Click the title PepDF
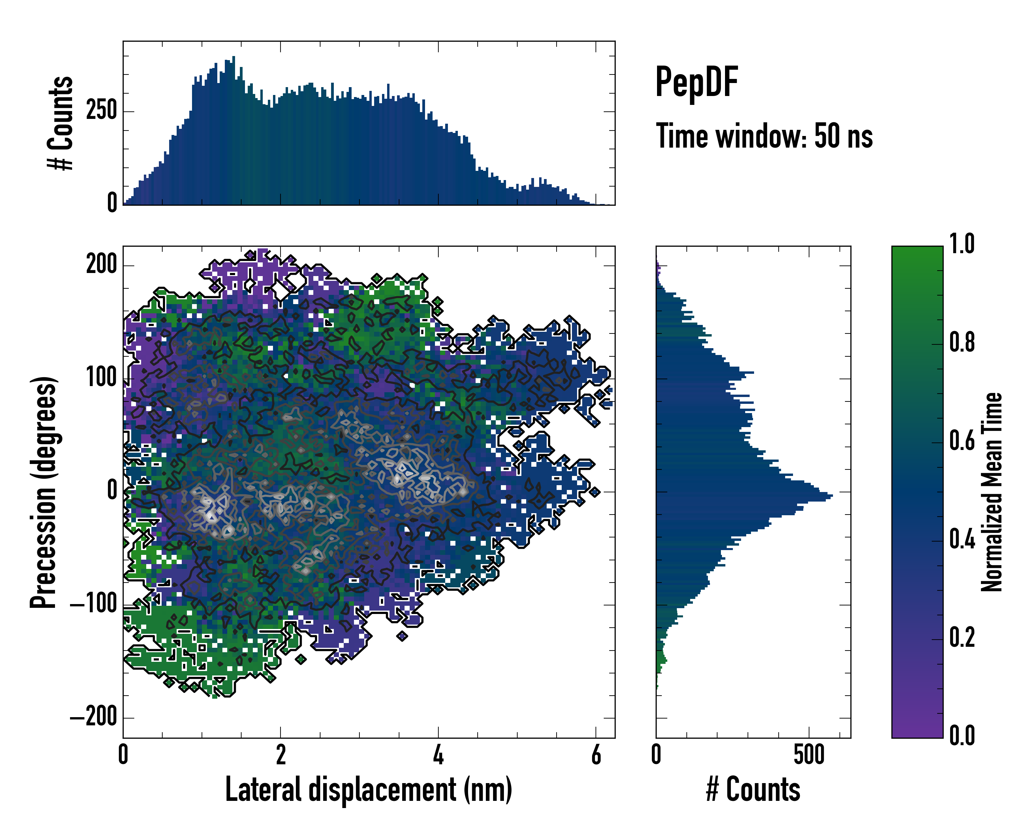click(x=696, y=82)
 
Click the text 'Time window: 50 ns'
click(x=764, y=136)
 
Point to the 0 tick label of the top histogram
click(x=112, y=203)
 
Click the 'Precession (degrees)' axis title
click(x=44, y=492)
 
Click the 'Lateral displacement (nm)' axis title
click(x=368, y=789)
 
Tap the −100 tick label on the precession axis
click(x=94, y=605)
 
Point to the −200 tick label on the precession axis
click(x=94, y=717)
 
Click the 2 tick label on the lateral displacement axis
click(x=281, y=755)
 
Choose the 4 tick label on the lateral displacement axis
click(x=438, y=755)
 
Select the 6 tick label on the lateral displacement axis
click(x=596, y=755)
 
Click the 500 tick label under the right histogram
click(x=809, y=755)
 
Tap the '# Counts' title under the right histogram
click(x=753, y=789)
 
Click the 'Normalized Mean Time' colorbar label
click(x=992, y=492)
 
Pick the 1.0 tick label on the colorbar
click(x=962, y=245)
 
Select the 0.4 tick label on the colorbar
click(x=962, y=541)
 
